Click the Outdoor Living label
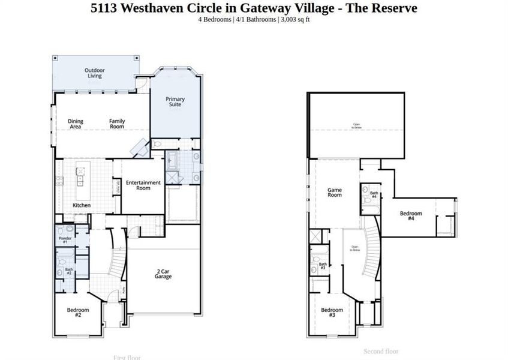[x=95, y=73]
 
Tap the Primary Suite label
[x=175, y=102]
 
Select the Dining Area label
[x=76, y=124]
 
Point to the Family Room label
[x=117, y=124]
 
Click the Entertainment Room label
[x=143, y=185]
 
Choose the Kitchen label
[x=82, y=205]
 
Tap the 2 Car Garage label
[x=163, y=274]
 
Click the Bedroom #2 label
[x=78, y=313]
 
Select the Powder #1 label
[x=65, y=240]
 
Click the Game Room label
[x=334, y=193]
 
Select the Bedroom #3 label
[x=332, y=313]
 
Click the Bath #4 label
[x=373, y=195]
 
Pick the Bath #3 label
[x=323, y=265]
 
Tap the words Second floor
[x=381, y=351]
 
